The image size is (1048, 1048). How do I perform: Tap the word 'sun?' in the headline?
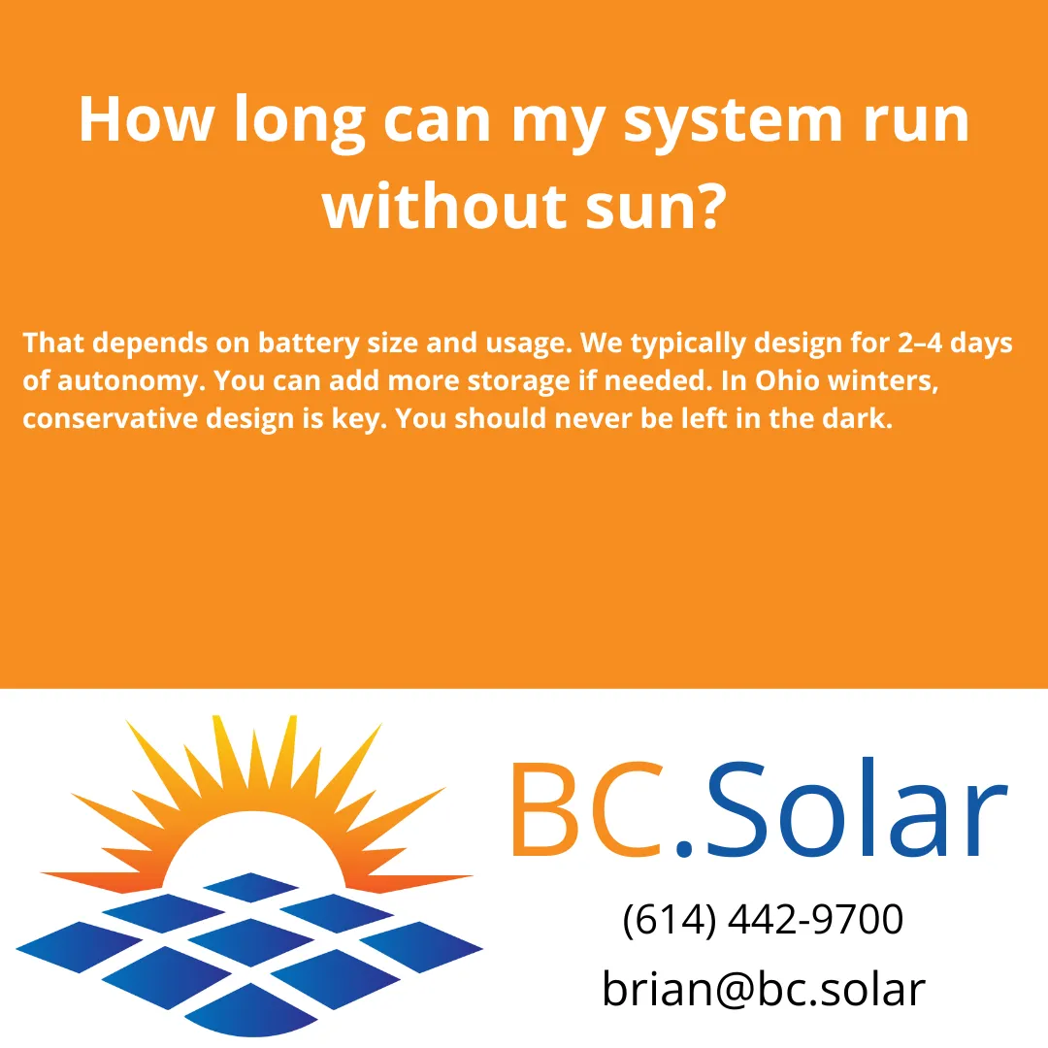pyautogui.click(x=661, y=207)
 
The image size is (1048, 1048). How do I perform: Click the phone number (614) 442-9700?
pyautogui.click(x=763, y=920)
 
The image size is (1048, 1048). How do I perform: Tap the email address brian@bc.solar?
pyautogui.click(x=764, y=989)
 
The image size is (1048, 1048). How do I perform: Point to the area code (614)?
pyautogui.click(x=670, y=920)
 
